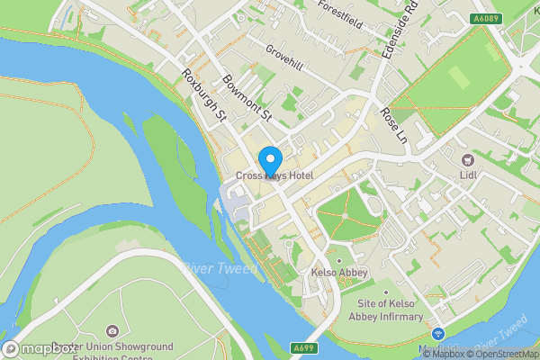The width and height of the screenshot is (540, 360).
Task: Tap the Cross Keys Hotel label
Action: pos(274,175)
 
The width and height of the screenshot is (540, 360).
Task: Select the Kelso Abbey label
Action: pos(336,273)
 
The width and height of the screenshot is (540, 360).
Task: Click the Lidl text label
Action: pos(468,175)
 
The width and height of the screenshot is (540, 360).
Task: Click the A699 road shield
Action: pos(303,347)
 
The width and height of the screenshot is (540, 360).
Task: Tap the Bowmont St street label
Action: pos(247,100)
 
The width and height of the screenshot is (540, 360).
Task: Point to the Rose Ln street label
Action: pos(394,126)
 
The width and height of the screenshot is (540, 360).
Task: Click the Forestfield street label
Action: pos(339,15)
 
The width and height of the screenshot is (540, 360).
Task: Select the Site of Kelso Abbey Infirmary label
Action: pos(386,311)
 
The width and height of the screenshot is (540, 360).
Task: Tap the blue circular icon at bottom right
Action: pos(439,333)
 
